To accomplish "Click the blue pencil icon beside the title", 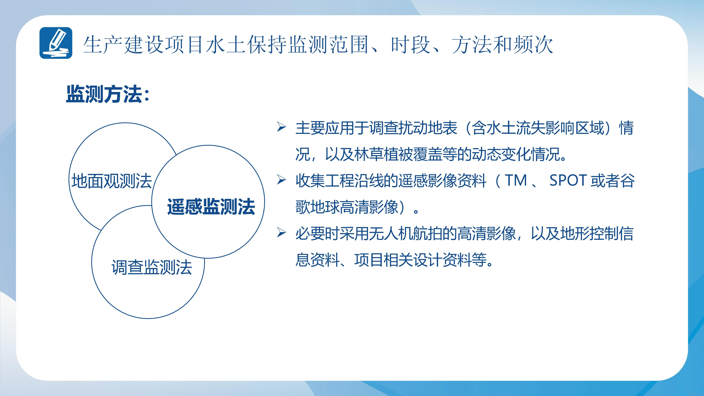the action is [x=56, y=43].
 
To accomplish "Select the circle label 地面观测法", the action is [x=112, y=181].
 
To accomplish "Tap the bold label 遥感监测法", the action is [x=211, y=207].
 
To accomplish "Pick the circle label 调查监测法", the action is [x=152, y=267].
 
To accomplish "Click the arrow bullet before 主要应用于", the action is [x=281, y=127].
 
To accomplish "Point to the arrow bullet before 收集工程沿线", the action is [x=281, y=180].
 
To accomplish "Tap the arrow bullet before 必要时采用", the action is [x=281, y=233].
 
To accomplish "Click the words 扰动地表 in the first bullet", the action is [x=427, y=128].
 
